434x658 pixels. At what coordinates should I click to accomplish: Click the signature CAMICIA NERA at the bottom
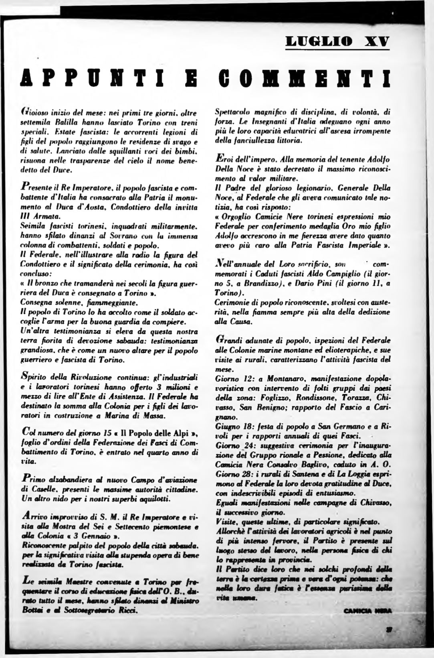click(367, 611)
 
